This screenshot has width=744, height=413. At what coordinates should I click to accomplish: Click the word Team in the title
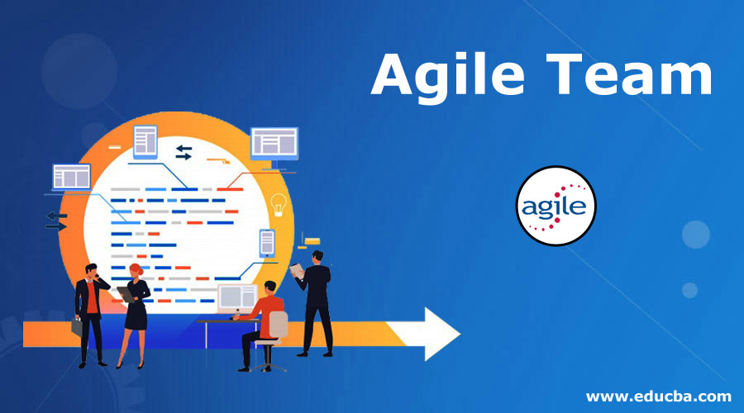(635, 78)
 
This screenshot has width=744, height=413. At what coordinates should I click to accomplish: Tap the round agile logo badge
(555, 206)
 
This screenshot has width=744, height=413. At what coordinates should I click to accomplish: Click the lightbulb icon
(279, 202)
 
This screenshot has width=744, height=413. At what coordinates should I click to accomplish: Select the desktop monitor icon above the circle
(274, 144)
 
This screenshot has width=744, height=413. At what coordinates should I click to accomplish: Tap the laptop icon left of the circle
(71, 177)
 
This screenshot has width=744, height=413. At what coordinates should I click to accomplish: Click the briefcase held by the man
(77, 325)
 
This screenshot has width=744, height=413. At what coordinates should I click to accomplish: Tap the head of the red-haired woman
(136, 272)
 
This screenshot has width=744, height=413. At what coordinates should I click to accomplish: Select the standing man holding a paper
(316, 301)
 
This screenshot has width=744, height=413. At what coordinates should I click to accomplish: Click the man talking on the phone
(89, 310)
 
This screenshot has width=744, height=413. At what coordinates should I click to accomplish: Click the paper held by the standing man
(297, 269)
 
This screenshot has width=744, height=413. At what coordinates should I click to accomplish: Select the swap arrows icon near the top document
(184, 152)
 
